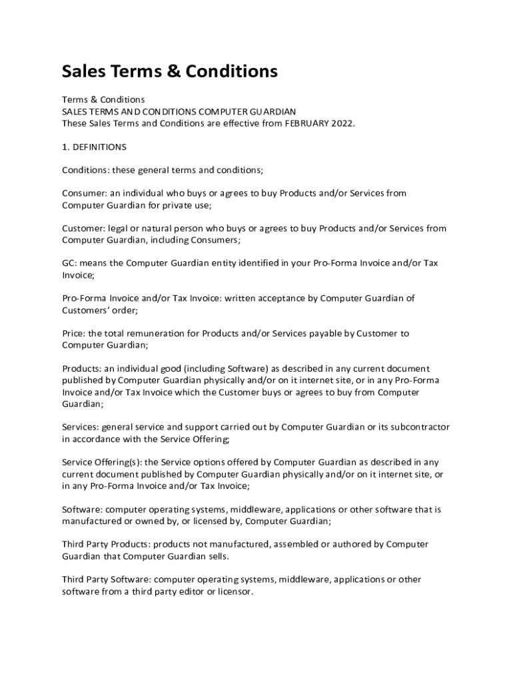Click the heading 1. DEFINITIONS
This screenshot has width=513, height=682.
tap(94, 147)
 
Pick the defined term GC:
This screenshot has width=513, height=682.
tap(70, 263)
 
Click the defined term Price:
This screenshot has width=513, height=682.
tap(74, 333)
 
